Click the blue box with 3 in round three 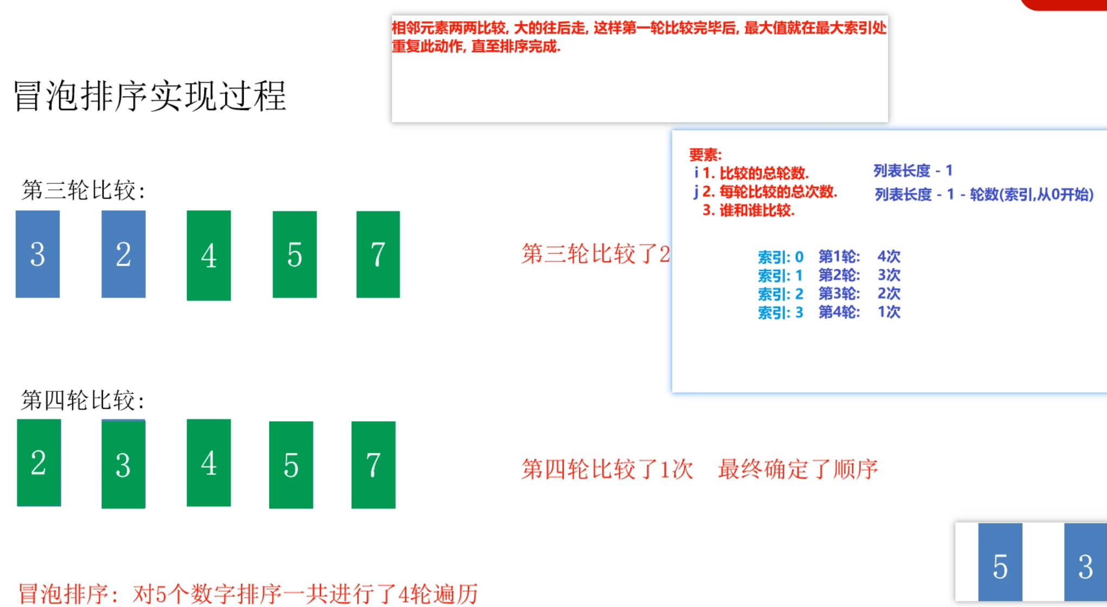tap(37, 254)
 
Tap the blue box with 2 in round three tap(123, 254)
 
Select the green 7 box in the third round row tap(378, 254)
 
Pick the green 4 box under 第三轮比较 tap(209, 255)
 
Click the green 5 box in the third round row tap(294, 254)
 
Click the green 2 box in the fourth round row tap(38, 462)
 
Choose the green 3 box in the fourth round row tap(123, 464)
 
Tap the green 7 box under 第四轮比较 tap(373, 464)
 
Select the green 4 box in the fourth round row tap(209, 462)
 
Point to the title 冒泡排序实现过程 tap(150, 96)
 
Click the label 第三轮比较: tap(83, 190)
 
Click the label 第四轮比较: tap(83, 400)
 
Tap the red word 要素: tap(705, 155)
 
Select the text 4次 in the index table tap(889, 256)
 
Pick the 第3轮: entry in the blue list tap(839, 294)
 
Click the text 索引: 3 tap(780, 313)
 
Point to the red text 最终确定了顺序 tap(797, 469)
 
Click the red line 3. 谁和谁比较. tap(749, 210)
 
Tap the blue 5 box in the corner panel tap(1000, 564)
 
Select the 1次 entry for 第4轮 tap(889, 312)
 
